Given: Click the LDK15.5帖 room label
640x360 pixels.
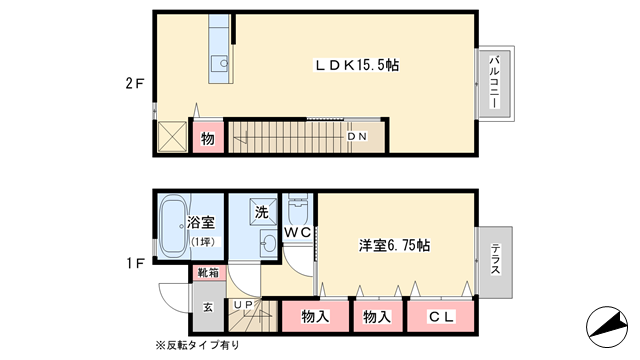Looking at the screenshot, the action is pyautogui.click(x=356, y=65).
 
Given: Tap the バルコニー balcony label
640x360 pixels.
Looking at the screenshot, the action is pyautogui.click(x=494, y=82).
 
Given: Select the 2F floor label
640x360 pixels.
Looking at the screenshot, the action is pyautogui.click(x=134, y=83).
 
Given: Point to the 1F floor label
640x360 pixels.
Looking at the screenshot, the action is pyautogui.click(x=134, y=264).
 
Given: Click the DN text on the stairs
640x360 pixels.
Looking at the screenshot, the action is pyautogui.click(x=357, y=137).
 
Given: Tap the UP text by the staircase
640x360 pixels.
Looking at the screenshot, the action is pyautogui.click(x=243, y=304).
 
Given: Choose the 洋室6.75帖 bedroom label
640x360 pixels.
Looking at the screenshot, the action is pyautogui.click(x=394, y=246).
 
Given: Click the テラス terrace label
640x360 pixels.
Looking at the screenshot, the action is pyautogui.click(x=495, y=259).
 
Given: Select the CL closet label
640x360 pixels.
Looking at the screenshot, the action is pyautogui.click(x=441, y=317).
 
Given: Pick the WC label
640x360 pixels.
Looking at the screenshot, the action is pyautogui.click(x=298, y=232).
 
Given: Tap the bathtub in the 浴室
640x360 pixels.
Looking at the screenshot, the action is pyautogui.click(x=173, y=226).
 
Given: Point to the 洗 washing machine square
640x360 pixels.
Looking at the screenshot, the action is pyautogui.click(x=261, y=211).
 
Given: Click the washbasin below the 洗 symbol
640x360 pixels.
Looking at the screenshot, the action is pyautogui.click(x=268, y=243).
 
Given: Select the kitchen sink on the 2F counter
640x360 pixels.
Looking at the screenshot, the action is pyautogui.click(x=220, y=64).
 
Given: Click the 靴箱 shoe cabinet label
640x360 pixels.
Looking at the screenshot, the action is pyautogui.click(x=208, y=273).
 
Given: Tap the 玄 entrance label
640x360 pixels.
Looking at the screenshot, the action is pyautogui.click(x=208, y=307).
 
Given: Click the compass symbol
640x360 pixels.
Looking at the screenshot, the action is pyautogui.click(x=607, y=327).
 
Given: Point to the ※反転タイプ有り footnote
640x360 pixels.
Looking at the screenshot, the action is pyautogui.click(x=198, y=345).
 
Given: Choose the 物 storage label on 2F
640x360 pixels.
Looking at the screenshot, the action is pyautogui.click(x=208, y=139).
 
